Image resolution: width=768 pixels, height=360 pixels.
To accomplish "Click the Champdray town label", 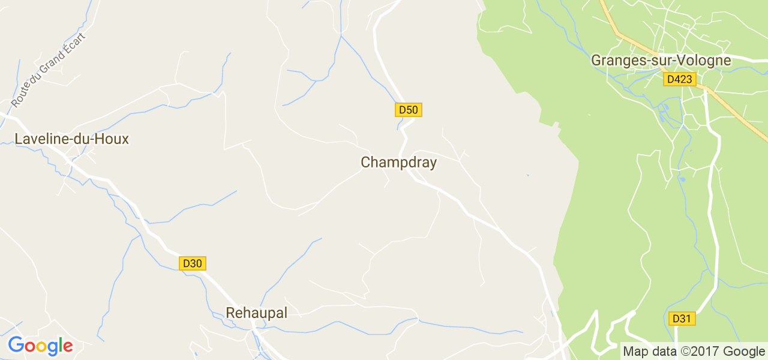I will [x=398, y=163].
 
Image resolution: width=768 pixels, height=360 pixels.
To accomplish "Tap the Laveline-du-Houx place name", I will [x=71, y=139].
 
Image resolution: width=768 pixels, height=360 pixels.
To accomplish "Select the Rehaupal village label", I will [x=256, y=313].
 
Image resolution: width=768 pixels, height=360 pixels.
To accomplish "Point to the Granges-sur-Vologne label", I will [x=661, y=61].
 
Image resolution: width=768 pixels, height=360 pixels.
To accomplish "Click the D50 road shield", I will [x=409, y=110].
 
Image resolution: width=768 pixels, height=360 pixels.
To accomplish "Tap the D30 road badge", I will [x=193, y=263].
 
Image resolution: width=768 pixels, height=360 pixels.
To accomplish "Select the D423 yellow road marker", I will [x=680, y=79].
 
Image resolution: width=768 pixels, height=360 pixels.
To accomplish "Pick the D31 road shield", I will [x=682, y=319].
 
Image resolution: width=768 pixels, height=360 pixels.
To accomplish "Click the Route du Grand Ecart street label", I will [x=49, y=70].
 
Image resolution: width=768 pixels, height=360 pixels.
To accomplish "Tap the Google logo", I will [x=40, y=346].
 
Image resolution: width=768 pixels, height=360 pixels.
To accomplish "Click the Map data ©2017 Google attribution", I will [x=694, y=352].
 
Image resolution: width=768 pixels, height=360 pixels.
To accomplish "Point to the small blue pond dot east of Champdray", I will [x=528, y=175].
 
